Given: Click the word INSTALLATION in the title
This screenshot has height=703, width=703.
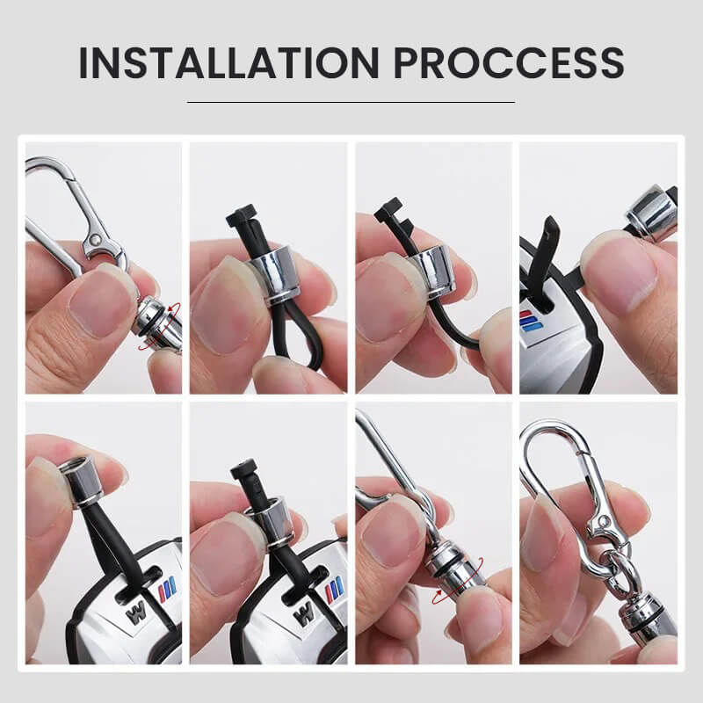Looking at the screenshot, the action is (229, 62).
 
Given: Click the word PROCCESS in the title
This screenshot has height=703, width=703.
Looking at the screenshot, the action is (509, 62).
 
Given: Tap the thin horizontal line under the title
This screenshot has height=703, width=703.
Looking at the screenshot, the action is (351, 102).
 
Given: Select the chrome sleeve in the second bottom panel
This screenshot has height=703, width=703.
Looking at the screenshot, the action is (272, 523).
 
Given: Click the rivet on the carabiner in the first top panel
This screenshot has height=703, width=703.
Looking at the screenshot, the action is (96, 240).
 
